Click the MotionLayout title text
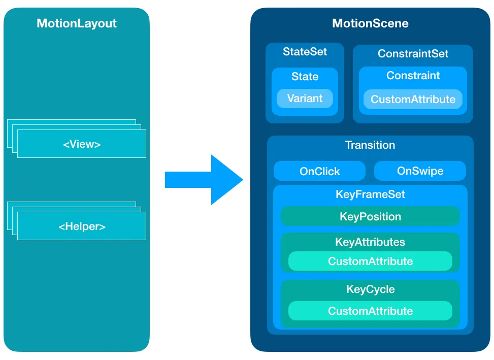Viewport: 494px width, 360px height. (x=77, y=23)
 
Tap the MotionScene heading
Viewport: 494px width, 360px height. (x=370, y=23)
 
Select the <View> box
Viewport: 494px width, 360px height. (x=82, y=144)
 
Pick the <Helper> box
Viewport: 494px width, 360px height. (x=82, y=226)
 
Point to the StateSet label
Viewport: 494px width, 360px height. (x=305, y=52)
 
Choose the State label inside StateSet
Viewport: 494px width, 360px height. (x=305, y=77)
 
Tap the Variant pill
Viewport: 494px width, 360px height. (x=305, y=99)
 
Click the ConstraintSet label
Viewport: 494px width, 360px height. (x=413, y=54)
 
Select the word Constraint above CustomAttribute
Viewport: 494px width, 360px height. (x=413, y=76)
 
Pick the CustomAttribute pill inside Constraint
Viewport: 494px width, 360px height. (x=413, y=100)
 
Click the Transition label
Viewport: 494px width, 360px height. (x=370, y=145)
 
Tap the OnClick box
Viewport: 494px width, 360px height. (x=319, y=172)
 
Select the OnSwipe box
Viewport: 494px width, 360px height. (x=420, y=171)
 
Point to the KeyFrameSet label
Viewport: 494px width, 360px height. (x=370, y=194)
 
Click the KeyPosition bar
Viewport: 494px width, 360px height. (x=370, y=217)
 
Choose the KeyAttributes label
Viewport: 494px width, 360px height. (x=370, y=242)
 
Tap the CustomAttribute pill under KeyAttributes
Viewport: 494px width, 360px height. (x=370, y=261)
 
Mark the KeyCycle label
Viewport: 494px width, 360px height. (x=370, y=289)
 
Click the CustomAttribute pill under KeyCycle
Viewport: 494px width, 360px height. (x=370, y=311)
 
